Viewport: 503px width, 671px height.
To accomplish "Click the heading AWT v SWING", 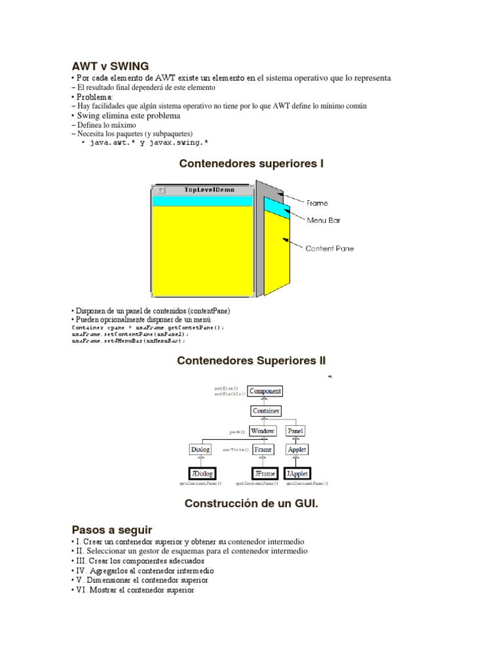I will [x=110, y=66].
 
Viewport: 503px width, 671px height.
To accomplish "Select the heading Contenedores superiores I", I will [x=251, y=164].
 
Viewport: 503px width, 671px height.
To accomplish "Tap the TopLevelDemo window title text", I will [x=209, y=190].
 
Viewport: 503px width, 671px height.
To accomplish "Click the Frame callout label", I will [x=318, y=203].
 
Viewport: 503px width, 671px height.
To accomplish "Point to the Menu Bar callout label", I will [x=324, y=220].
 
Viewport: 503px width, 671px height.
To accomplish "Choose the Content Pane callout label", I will [x=329, y=248].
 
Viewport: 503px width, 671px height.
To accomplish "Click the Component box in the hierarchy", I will [x=265, y=391].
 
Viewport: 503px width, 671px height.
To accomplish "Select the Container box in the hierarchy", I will [x=265, y=411].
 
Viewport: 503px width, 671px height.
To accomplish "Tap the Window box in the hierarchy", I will [x=263, y=431].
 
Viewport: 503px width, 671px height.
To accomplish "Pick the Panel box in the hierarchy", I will [x=296, y=431].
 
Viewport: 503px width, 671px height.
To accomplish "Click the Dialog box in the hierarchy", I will [x=200, y=450].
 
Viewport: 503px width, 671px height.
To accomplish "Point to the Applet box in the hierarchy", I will [x=297, y=450].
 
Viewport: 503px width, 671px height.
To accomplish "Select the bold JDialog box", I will [x=202, y=473].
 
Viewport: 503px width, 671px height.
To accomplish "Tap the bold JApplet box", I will [x=297, y=473].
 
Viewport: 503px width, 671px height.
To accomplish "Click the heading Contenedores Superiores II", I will [x=251, y=360].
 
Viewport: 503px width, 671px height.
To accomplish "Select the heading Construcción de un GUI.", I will [x=251, y=504].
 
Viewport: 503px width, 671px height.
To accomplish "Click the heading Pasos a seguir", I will [x=111, y=529].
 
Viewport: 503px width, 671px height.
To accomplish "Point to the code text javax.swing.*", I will [x=183, y=142].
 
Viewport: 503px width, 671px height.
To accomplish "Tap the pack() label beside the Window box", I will [x=236, y=432].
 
